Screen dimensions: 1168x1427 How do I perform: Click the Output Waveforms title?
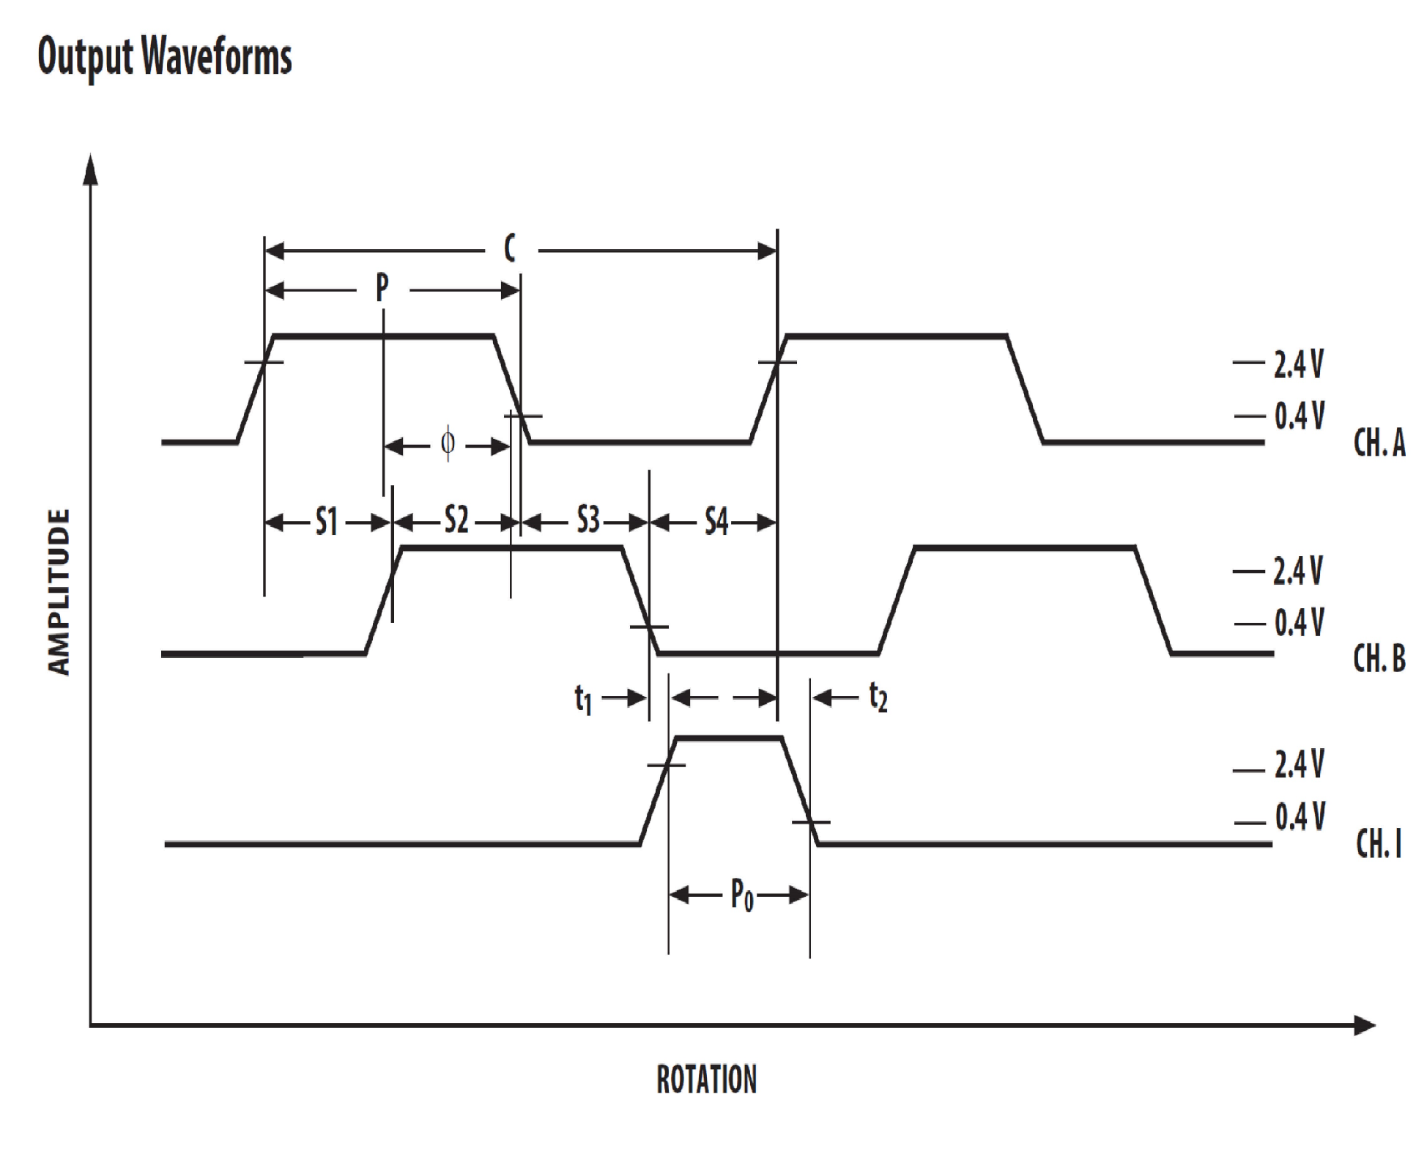tap(165, 56)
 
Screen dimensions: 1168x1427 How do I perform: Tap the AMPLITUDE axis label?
tap(59, 591)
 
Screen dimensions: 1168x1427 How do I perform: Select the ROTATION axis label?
tap(706, 1080)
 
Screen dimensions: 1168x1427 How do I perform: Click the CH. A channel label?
tap(1379, 443)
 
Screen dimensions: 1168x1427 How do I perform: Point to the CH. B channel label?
tap(1379, 658)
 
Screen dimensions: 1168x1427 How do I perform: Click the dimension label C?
tap(510, 249)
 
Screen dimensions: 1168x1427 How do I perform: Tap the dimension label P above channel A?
tap(382, 288)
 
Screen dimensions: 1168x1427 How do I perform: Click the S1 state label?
tap(327, 522)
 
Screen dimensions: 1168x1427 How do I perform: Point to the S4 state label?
tap(716, 522)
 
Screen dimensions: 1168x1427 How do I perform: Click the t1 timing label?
tap(583, 699)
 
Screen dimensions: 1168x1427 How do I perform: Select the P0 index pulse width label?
tap(741, 895)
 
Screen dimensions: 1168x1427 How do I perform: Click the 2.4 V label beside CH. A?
tap(1298, 364)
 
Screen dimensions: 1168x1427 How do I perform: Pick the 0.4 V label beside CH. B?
tap(1299, 623)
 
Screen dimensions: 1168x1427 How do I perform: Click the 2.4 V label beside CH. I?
tap(1299, 764)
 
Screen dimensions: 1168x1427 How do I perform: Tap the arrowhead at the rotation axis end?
tap(1364, 1025)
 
